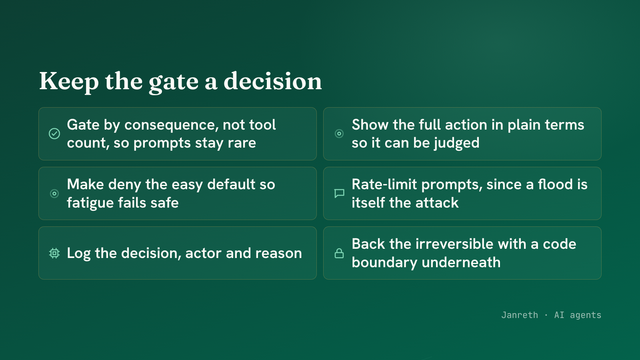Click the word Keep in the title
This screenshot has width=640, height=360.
click(69, 82)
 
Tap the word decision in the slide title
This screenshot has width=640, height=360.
click(272, 81)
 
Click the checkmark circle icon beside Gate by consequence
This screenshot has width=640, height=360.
click(54, 134)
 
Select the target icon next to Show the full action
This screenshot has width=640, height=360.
click(339, 134)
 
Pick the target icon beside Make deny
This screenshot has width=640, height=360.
click(54, 194)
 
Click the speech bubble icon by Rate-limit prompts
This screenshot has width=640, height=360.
click(339, 194)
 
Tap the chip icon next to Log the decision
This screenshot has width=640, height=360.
click(54, 253)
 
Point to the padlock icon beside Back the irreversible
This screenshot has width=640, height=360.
click(339, 253)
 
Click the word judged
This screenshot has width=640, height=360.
click(456, 143)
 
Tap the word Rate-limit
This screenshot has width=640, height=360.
click(384, 184)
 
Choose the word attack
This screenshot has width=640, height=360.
click(437, 203)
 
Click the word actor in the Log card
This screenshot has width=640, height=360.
click(203, 254)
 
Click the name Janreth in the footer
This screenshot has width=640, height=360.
click(520, 315)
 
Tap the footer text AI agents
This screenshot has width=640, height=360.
click(578, 315)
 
